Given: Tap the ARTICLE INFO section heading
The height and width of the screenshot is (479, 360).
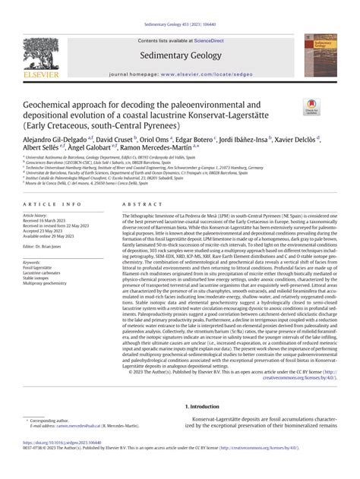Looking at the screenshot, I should tap(46, 204).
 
